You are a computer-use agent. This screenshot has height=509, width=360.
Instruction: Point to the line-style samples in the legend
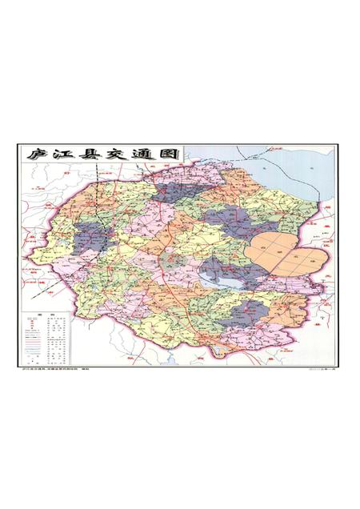click(35, 340)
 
